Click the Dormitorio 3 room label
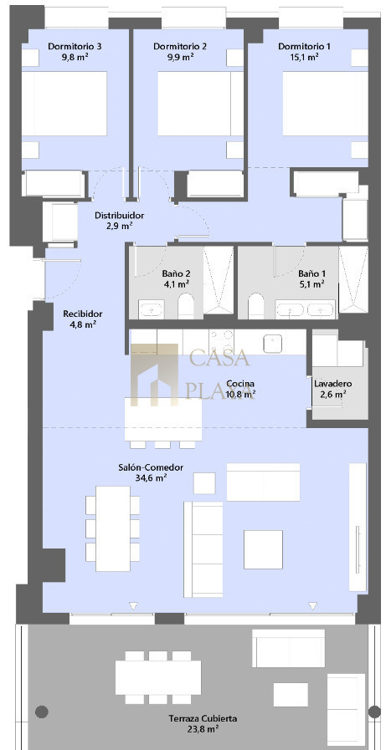coord(75,46)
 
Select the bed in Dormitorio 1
coord(325,104)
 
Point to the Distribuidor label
coord(119,215)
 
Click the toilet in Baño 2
coord(186,305)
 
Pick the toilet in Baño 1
coord(256,305)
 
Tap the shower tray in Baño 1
coord(353,280)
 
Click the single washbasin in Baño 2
coord(152,309)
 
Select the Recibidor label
coord(83,314)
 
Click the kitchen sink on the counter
coord(272,343)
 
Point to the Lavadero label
coord(333,384)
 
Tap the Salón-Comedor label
coord(151,467)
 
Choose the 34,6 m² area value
coord(151,477)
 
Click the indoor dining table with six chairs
coord(113,528)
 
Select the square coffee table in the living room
coord(263,549)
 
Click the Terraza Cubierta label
coord(203,718)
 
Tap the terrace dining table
coord(158,677)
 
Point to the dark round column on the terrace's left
coord(42,712)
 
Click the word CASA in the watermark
coord(220,358)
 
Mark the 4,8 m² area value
coord(83,324)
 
